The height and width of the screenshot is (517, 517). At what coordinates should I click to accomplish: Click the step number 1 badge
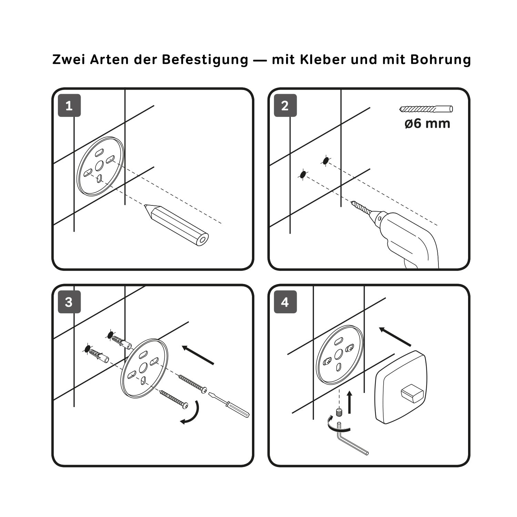pos(69,105)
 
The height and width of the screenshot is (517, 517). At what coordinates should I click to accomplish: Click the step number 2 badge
pos(285,105)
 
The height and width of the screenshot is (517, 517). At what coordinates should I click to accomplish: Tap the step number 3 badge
pos(69,302)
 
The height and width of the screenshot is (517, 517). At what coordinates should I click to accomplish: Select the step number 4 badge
pos(285,302)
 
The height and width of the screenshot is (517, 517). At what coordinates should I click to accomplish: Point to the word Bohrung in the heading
pos(440,59)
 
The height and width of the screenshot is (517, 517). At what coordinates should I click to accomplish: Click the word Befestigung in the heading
pos(205,59)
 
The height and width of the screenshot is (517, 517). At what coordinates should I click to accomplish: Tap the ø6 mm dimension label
pos(427,123)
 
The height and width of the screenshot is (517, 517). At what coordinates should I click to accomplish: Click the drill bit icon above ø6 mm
pos(426,109)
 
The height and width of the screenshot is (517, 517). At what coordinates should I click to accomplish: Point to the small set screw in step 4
pos(339,412)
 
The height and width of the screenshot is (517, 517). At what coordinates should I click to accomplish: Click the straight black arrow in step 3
pos(198,355)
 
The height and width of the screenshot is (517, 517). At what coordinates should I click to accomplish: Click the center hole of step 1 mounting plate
pos(99,166)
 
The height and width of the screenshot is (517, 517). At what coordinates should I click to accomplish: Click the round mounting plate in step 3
pos(144,368)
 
